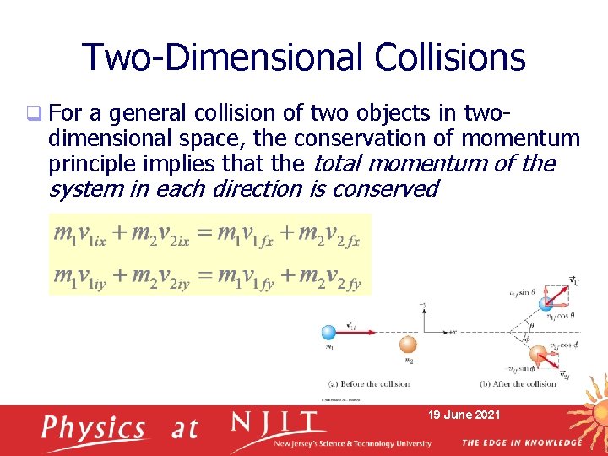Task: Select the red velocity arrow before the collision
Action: [x=363, y=334]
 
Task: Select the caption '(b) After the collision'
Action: [x=518, y=384]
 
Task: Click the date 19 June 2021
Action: [x=465, y=415]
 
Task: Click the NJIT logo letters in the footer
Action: [x=275, y=423]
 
